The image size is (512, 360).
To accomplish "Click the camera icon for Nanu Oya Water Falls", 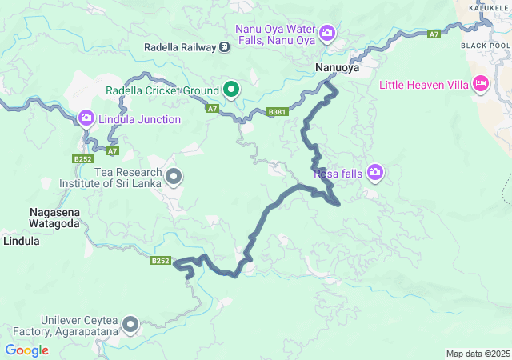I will [326, 33].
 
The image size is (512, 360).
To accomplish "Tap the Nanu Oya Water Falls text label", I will [275, 34].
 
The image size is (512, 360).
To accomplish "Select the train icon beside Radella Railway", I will [225, 47].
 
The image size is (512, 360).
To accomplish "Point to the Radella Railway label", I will [179, 47].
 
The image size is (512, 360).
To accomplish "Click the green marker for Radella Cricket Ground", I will [231, 89].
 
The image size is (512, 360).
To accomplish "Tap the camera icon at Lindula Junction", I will [86, 119].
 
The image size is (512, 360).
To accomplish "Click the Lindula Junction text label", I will [139, 119].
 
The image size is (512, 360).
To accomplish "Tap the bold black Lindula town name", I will [21, 240].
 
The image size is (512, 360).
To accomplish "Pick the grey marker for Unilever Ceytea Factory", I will [130, 324].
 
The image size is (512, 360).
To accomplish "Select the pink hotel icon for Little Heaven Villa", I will [480, 83].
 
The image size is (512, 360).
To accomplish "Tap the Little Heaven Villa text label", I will [422, 83].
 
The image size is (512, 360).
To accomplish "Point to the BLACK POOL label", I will [485, 46].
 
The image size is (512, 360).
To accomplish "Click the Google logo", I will [26, 350].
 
